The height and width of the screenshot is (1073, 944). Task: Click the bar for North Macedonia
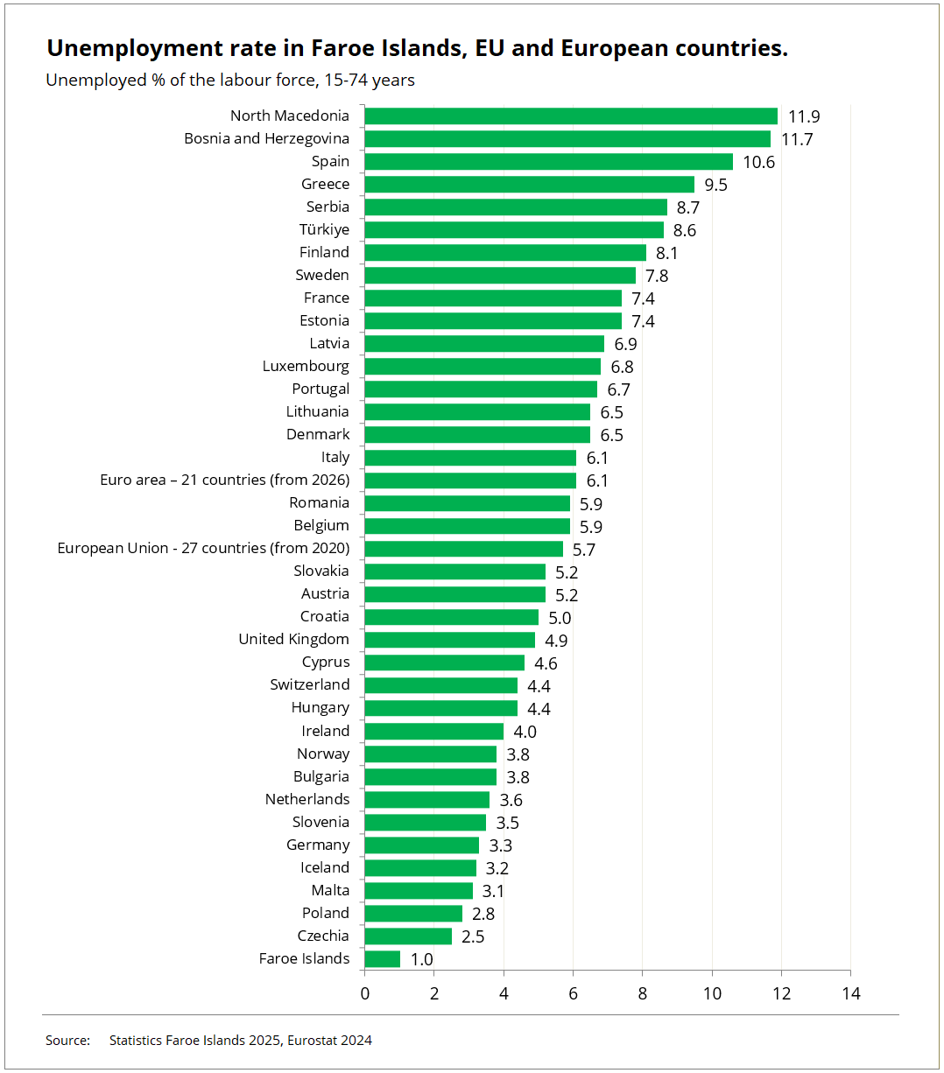pyautogui.click(x=571, y=116)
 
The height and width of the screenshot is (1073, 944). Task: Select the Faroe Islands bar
pyautogui.click(x=383, y=958)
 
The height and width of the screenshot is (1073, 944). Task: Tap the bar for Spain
pyautogui.click(x=548, y=161)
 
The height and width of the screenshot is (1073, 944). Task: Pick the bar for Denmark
pyautogui.click(x=477, y=434)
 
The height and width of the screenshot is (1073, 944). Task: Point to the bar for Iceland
pyautogui.click(x=420, y=867)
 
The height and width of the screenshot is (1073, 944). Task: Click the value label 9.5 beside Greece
pyautogui.click(x=716, y=185)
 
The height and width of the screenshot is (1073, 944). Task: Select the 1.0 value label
pyautogui.click(x=422, y=959)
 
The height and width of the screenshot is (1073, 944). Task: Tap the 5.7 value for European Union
pyautogui.click(x=584, y=550)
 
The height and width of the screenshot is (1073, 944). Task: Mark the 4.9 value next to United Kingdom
pyautogui.click(x=556, y=641)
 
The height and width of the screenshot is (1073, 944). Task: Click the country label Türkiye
pyautogui.click(x=324, y=229)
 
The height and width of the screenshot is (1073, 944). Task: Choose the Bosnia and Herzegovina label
pyautogui.click(x=266, y=138)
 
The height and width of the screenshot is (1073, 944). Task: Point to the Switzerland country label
pyautogui.click(x=309, y=684)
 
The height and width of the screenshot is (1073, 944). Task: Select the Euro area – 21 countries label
pyautogui.click(x=224, y=480)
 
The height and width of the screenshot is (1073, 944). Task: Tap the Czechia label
pyautogui.click(x=323, y=936)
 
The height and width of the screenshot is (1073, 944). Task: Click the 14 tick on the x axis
pyautogui.click(x=851, y=993)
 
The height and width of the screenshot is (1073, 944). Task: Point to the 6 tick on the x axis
pyautogui.click(x=574, y=993)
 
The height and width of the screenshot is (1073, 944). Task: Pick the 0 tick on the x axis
pyautogui.click(x=365, y=993)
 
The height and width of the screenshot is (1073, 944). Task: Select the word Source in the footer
pyautogui.click(x=67, y=1041)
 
